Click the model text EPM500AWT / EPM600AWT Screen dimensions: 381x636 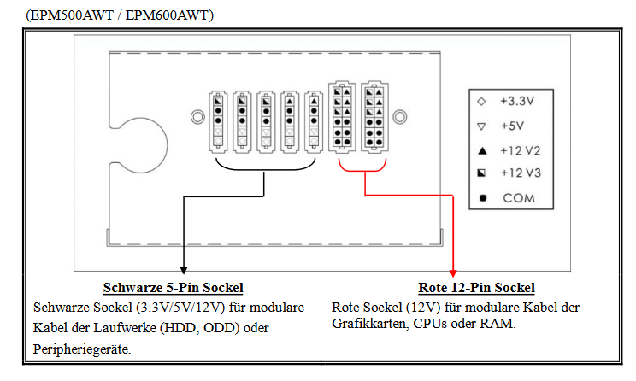(120, 15)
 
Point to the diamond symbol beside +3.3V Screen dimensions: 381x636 (481, 101)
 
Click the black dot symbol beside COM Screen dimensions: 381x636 (482, 199)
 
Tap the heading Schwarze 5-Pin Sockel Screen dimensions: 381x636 (173, 288)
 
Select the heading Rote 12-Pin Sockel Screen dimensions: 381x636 (482, 288)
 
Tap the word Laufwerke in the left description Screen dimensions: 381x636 (140, 328)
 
